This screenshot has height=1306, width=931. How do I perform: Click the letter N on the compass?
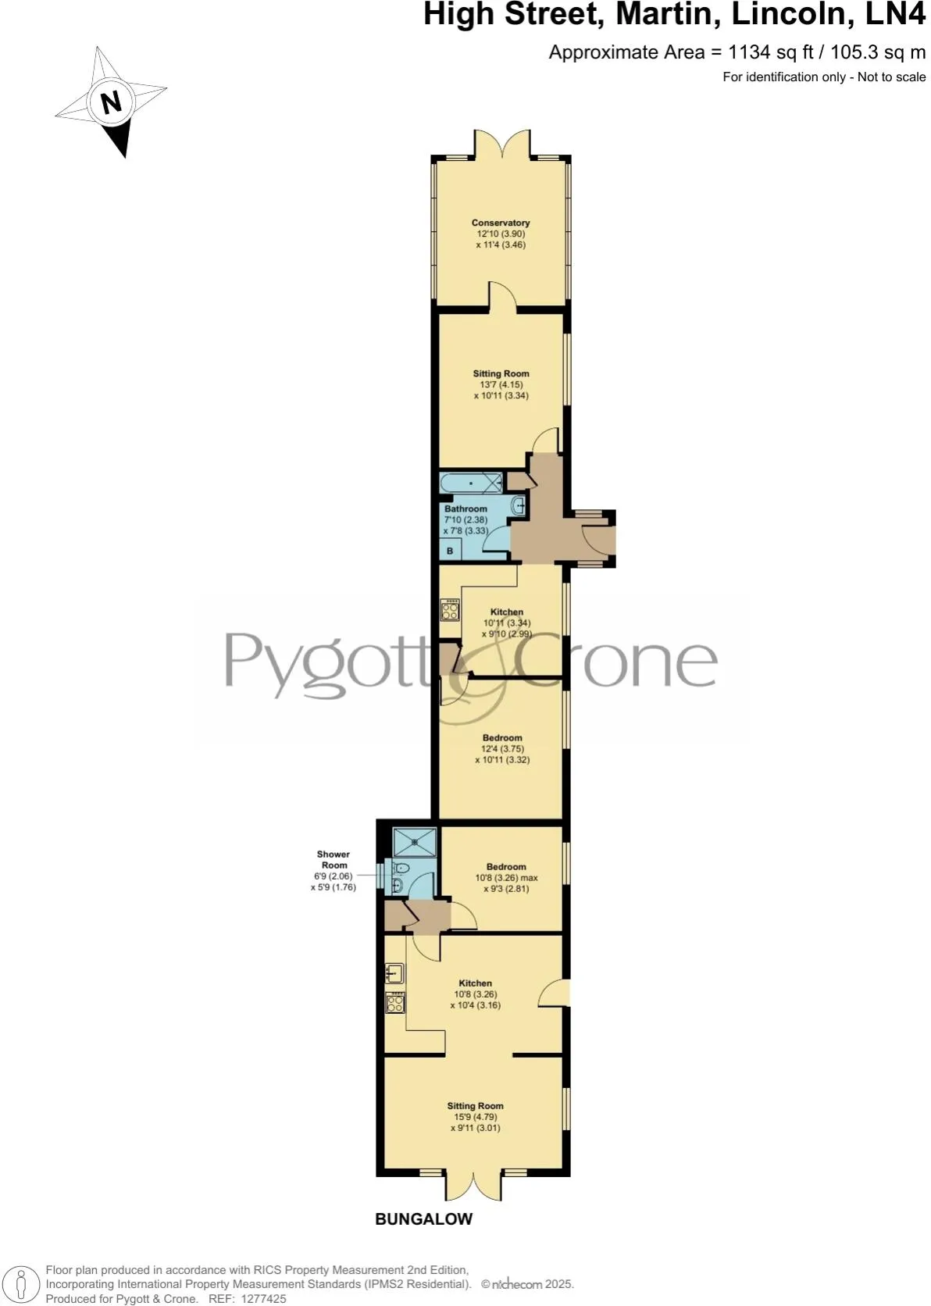[x=112, y=102]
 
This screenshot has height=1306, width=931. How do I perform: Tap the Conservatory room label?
[x=501, y=223]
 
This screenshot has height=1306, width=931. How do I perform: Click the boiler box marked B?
[x=450, y=551]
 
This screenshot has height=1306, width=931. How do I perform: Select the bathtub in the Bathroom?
[x=471, y=484]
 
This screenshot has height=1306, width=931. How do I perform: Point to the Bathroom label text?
[x=465, y=508]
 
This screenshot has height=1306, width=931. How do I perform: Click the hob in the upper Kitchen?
[x=450, y=609]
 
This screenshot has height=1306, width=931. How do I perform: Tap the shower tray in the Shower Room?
[x=415, y=842]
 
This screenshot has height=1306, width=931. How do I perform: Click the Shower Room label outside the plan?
[x=334, y=859]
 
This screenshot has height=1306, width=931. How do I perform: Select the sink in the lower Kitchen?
[x=394, y=973]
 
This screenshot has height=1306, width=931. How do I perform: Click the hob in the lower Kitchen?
[x=395, y=1002]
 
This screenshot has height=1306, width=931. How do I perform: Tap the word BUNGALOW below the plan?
[x=423, y=1219]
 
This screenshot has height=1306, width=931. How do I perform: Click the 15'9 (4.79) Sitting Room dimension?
[x=475, y=1117]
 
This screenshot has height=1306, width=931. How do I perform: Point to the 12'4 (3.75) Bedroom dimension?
[x=502, y=748]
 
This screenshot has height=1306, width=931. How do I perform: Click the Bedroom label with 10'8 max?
[x=506, y=866]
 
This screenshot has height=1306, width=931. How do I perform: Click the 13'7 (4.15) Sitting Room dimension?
[x=501, y=384]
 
